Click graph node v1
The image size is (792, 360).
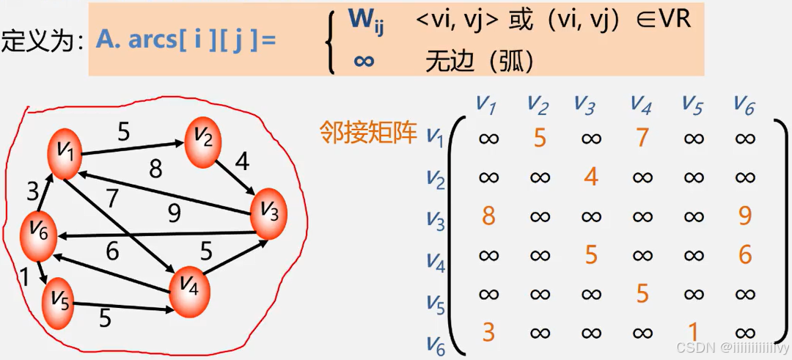(x=64, y=153)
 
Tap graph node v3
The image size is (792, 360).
(x=268, y=212)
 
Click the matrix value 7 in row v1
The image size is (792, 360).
(x=642, y=138)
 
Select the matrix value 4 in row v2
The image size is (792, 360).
(x=591, y=177)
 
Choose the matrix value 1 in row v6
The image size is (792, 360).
(x=694, y=332)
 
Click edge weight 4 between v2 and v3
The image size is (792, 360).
(x=242, y=161)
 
